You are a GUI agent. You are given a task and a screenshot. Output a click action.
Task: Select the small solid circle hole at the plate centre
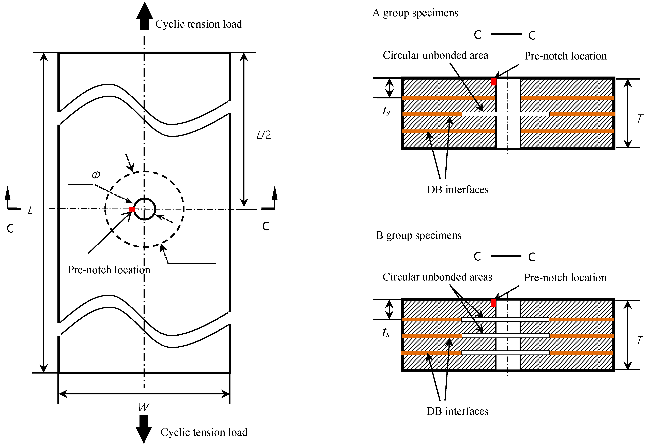(x=144, y=209)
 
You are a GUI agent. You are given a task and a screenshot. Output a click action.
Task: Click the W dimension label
(x=144, y=407)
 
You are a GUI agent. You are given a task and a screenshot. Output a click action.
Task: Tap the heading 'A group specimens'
(x=415, y=13)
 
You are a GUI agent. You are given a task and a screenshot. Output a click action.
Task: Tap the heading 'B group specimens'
(x=418, y=235)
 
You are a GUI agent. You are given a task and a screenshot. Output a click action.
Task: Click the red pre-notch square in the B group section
(x=493, y=303)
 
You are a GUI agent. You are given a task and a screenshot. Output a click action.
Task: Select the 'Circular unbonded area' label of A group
(x=435, y=55)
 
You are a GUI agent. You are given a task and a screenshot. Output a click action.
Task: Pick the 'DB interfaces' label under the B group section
(x=457, y=411)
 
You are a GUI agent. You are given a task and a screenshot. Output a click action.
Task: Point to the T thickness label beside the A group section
(x=640, y=119)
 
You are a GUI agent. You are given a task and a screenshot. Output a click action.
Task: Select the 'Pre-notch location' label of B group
(x=565, y=278)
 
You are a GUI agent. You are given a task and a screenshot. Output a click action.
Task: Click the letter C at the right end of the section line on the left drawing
(x=266, y=226)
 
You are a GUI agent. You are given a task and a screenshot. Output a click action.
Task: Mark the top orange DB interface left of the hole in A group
(x=449, y=98)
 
